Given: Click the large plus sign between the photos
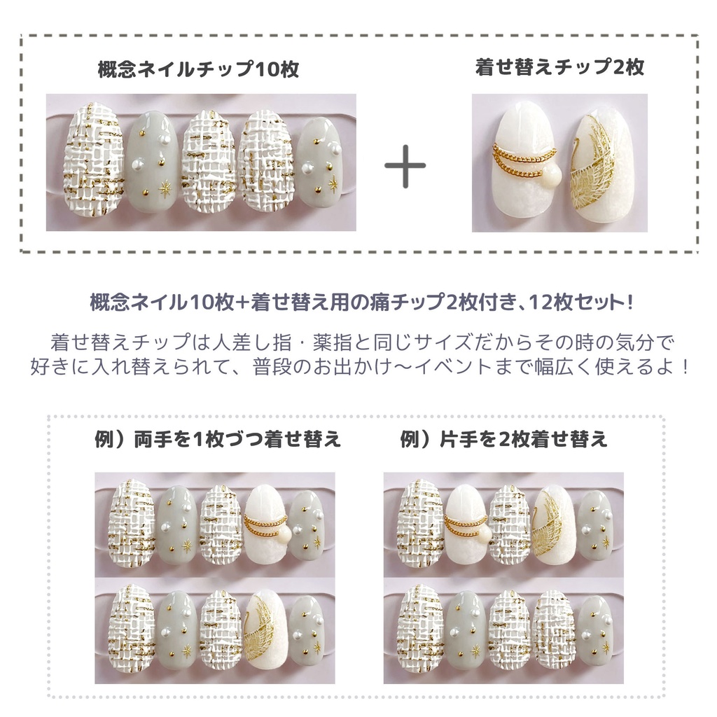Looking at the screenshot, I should [405, 166].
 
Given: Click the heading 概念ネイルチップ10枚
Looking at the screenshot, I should [199, 70].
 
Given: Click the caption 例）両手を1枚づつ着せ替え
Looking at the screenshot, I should [218, 439].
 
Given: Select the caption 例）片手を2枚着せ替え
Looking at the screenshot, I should [503, 439].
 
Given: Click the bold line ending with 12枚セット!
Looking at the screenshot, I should [362, 304].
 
